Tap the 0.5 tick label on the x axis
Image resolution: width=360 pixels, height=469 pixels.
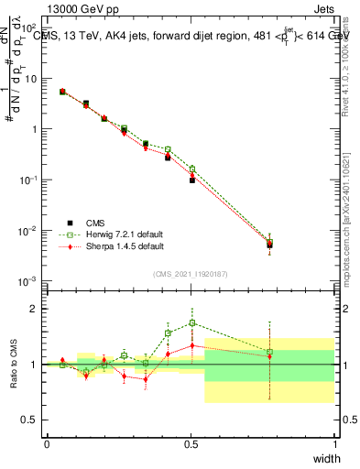191,444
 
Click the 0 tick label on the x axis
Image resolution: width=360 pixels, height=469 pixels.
47,444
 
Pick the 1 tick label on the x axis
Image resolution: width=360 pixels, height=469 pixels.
334,444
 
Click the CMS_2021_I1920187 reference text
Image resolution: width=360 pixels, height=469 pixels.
191,273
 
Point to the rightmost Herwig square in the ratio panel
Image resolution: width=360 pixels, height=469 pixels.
269,352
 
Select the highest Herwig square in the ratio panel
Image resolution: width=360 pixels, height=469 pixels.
192,322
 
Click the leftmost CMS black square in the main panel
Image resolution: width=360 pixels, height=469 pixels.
62,92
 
